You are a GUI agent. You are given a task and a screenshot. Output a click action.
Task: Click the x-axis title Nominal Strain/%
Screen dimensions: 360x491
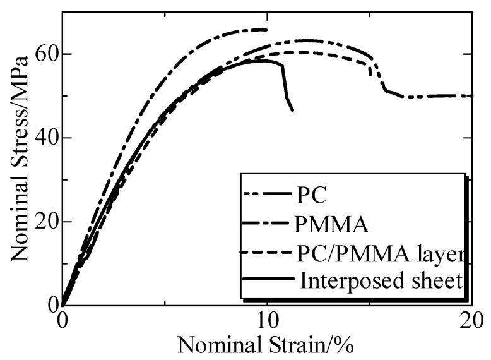point(265,345)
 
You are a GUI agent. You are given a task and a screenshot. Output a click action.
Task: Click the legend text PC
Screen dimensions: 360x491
point(312,195)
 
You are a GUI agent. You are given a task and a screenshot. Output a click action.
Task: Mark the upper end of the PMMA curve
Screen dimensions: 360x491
point(267,29)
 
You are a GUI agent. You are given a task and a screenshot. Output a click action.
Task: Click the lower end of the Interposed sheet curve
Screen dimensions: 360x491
point(292,111)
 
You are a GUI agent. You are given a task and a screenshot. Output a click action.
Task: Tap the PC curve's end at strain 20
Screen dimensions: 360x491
point(472,96)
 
